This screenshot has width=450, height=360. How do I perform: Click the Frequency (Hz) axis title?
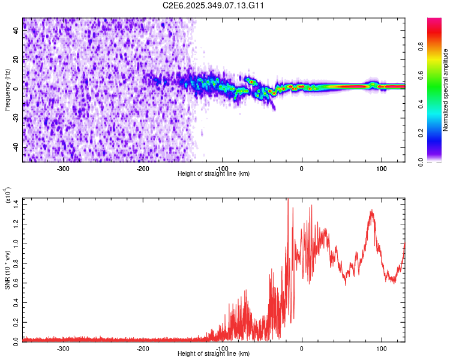tap(7, 90)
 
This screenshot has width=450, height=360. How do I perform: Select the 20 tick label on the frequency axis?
tap(16, 60)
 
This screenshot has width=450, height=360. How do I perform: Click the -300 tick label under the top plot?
tap(64, 168)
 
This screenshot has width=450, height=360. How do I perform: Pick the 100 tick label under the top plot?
tap(381, 168)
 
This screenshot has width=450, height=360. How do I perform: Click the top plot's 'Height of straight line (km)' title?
tap(214, 173)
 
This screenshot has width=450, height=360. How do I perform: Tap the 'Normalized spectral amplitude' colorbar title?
tap(445, 90)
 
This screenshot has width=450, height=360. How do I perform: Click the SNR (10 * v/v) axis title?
tap(7, 270)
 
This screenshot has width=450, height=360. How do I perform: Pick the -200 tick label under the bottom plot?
tap(143, 348)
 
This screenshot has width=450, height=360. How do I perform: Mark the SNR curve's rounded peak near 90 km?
tap(372, 211)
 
